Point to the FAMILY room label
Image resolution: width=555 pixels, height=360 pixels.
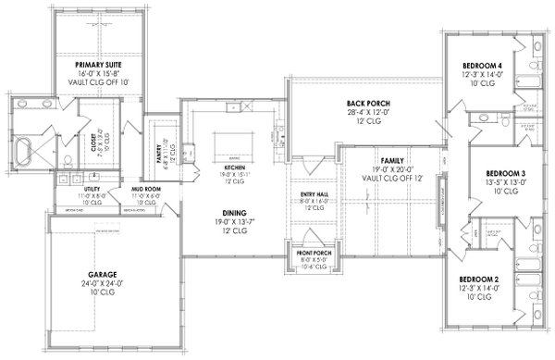381,159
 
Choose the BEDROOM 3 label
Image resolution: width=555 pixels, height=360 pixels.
504,173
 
